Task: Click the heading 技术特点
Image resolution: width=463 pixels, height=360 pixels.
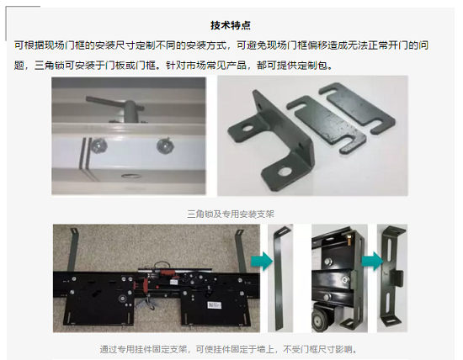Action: click(231, 25)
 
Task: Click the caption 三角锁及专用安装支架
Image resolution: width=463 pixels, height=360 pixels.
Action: click(231, 214)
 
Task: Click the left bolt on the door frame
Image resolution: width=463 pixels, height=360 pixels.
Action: click(98, 146)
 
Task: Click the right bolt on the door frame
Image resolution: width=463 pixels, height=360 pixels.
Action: click(165, 146)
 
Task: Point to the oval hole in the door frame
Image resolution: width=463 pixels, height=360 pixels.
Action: click(131, 176)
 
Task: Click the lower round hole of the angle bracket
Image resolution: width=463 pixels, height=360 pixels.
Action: click(285, 172)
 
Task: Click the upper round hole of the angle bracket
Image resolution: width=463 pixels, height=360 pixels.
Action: click(248, 129)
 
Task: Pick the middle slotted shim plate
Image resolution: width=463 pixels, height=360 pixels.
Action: click(325, 124)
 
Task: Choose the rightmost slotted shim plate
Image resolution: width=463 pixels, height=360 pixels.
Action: click(357, 108)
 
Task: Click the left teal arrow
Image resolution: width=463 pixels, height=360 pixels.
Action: click(262, 261)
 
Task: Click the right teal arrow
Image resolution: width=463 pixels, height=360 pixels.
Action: click(373, 261)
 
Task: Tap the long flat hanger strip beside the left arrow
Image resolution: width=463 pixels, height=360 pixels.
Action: click(279, 278)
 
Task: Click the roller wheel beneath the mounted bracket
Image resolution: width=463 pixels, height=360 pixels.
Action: click(322, 320)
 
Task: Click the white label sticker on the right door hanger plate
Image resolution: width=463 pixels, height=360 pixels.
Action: click(215, 305)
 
